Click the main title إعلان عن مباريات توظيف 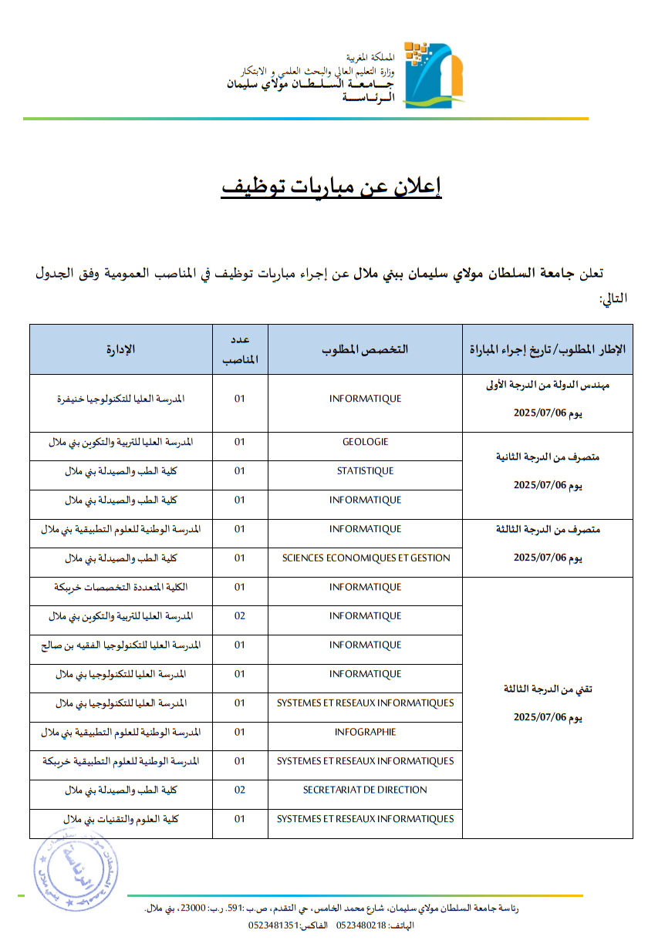tap(331, 187)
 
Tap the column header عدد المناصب tap(240, 349)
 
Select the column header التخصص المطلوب tap(365, 349)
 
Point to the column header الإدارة tap(121, 349)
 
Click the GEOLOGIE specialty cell tap(365, 442)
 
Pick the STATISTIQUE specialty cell tap(365, 471)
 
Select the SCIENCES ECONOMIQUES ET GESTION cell tap(365, 558)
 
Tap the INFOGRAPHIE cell tap(365, 732)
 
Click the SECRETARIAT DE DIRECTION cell tap(365, 790)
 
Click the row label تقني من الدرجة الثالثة tap(547, 689)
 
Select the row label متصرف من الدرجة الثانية tap(547, 457)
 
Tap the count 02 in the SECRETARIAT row tap(240, 790)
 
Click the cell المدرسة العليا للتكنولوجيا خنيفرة tap(121, 399)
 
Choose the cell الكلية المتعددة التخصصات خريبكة tap(121, 588)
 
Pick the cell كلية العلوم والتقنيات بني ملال tap(121, 819)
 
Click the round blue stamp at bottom tap(75, 868)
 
